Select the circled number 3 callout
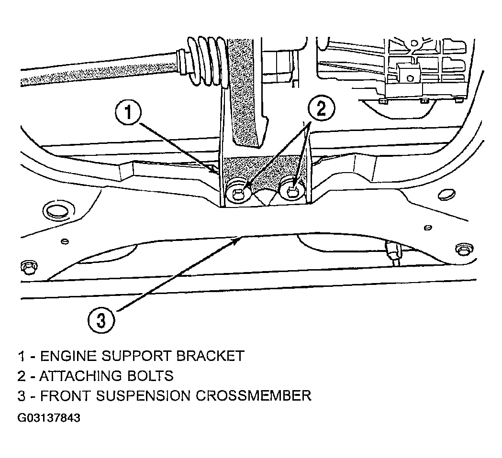(101, 320)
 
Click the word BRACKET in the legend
(211, 356)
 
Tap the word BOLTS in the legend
(150, 376)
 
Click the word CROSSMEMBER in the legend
(254, 396)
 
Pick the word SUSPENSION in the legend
(143, 396)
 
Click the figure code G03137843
(49, 418)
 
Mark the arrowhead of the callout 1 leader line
(213, 170)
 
